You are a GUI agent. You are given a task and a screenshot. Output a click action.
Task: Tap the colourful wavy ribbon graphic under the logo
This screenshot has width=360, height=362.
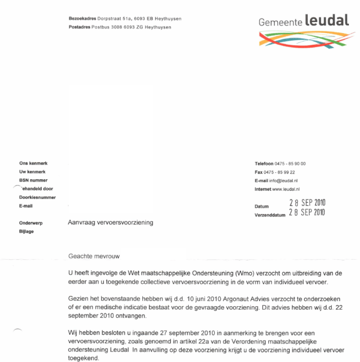(304, 39)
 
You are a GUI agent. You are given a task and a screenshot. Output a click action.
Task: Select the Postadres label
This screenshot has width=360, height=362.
(80, 27)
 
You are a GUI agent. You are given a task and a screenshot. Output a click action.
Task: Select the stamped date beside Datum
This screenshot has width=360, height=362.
(307, 202)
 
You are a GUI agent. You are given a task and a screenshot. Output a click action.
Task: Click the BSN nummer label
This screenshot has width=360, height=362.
(33, 180)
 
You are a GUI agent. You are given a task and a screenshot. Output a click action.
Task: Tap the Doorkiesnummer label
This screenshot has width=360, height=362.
(37, 197)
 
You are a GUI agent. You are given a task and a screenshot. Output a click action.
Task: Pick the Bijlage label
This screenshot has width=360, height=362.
(27, 231)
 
